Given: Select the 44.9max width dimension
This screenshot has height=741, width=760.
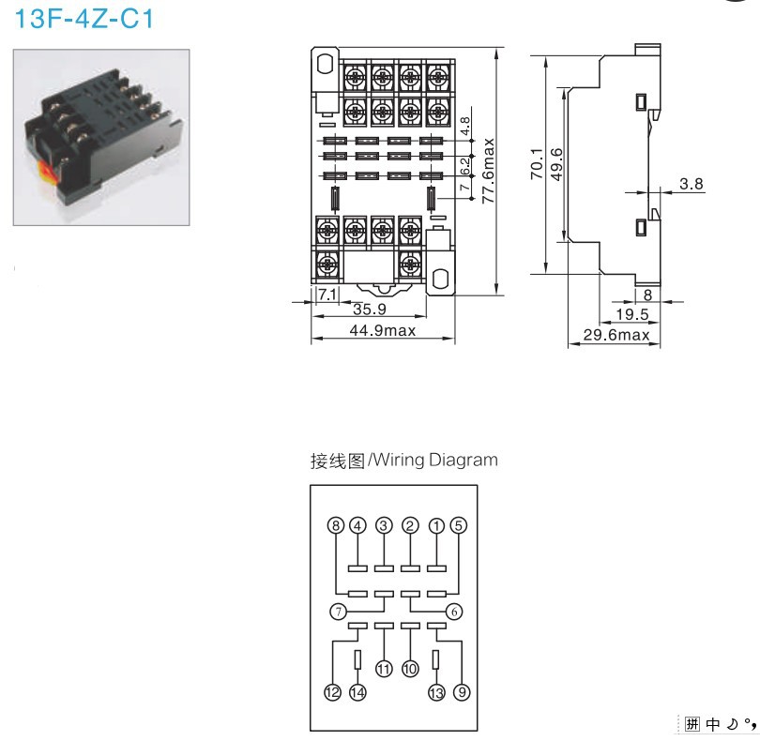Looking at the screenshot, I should pos(382,331).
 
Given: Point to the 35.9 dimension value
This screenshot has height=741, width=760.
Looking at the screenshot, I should pos(370,310).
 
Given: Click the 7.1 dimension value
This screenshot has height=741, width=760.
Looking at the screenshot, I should pos(327,295).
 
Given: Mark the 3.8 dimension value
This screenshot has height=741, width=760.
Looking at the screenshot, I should pos(692,184).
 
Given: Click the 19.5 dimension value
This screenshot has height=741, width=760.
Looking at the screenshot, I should pos(631,313).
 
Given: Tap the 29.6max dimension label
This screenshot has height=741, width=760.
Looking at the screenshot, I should pos(616,335).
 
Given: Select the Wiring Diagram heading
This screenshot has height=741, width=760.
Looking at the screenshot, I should pos(404,461).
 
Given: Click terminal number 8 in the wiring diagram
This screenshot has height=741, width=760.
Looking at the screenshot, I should pos(337,525).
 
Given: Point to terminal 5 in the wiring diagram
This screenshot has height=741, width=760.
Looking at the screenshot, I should pos(459,525).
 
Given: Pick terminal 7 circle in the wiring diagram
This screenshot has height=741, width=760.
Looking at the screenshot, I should pos(337,612).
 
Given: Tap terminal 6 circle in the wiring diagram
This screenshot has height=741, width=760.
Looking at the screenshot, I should pos(455,611).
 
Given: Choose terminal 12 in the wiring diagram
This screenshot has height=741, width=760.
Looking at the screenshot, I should pos(331,693).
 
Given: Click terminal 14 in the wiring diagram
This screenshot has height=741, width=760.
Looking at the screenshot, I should pos(357,693).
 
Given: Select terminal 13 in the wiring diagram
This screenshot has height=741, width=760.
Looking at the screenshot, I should pos(435,693).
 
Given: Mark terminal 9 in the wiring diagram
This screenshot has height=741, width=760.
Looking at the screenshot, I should pos(461,693).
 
